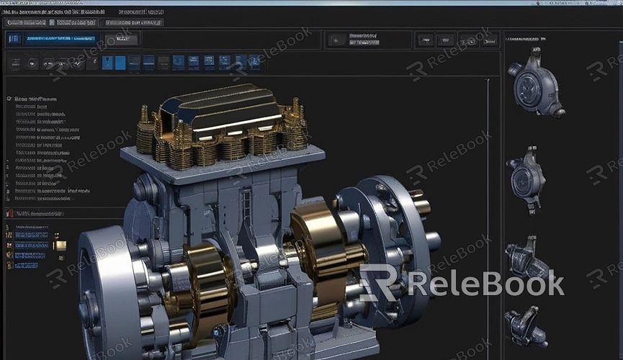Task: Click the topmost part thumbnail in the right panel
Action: [535, 83]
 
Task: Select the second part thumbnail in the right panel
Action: [526, 176]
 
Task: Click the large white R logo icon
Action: [379, 282]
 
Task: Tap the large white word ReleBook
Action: [486, 283]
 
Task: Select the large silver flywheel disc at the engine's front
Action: [108, 292]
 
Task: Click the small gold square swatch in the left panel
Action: [60, 246]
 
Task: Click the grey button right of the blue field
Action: [121, 40]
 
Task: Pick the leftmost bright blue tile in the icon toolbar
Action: [107, 63]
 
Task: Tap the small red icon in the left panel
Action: [9, 213]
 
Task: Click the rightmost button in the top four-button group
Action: [489, 40]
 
